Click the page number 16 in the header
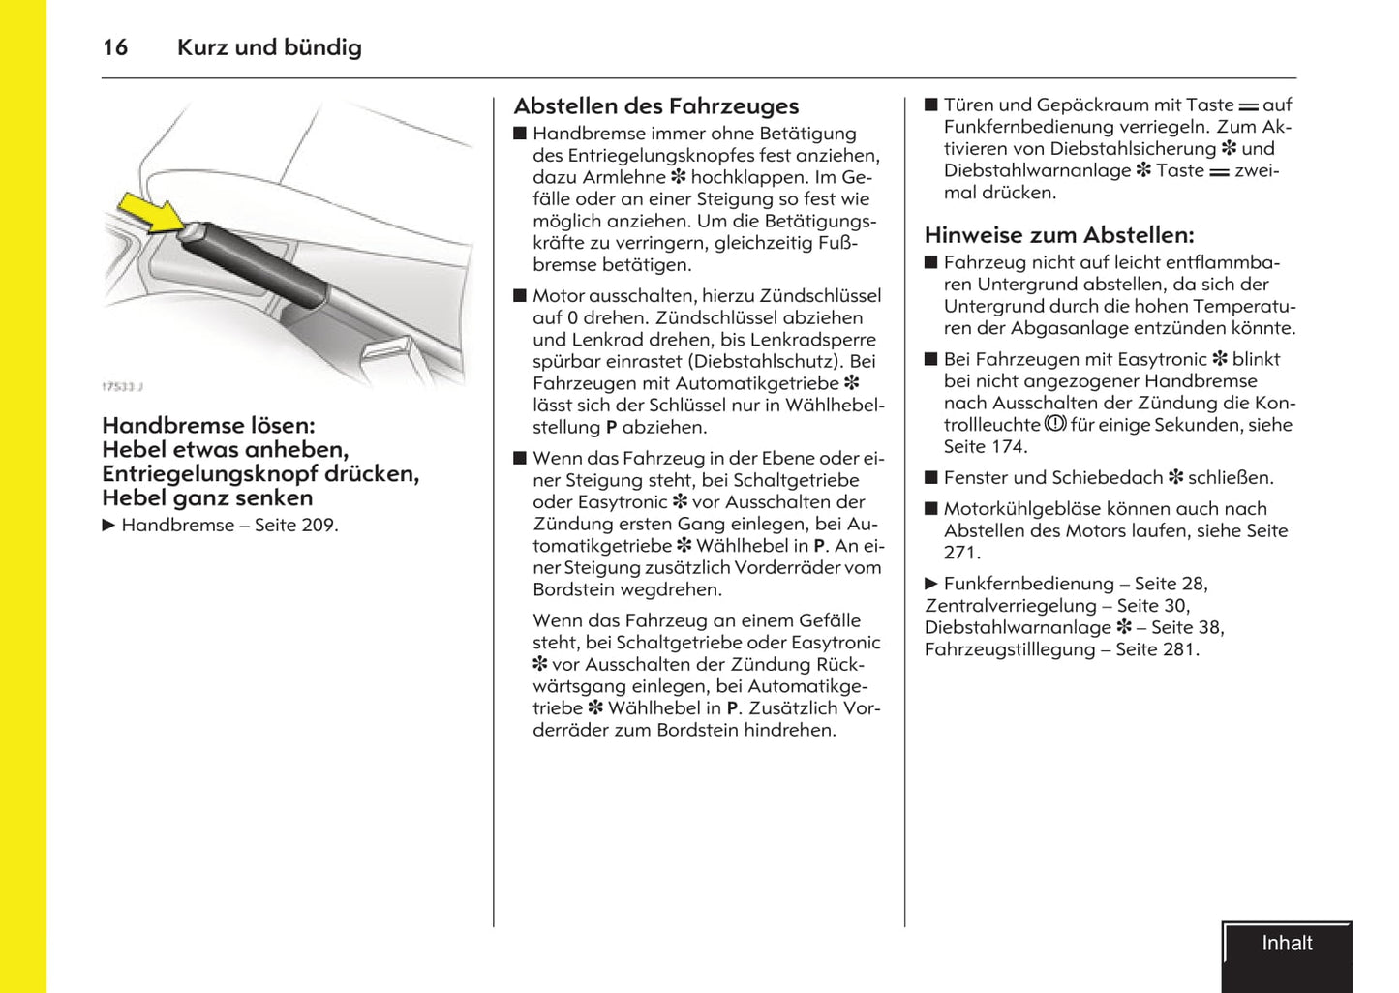tap(115, 47)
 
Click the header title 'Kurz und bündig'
tap(269, 47)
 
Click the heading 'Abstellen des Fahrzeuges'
tap(655, 106)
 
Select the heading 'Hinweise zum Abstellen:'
tap(1059, 235)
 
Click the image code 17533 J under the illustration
tap(122, 387)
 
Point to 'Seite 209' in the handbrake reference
tap(294, 526)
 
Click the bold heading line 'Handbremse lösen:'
tap(208, 426)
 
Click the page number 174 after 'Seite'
tap(1007, 447)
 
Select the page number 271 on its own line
tap(961, 554)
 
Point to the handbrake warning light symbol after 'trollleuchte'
tap(1055, 424)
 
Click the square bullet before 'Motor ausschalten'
tap(520, 296)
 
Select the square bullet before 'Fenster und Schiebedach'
tap(931, 478)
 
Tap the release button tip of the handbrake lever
tap(190, 229)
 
